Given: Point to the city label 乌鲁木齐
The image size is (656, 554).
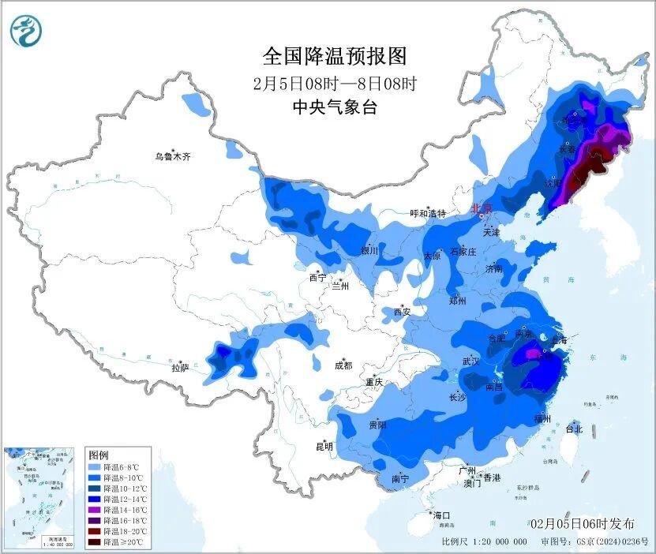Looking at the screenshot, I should coord(172,157).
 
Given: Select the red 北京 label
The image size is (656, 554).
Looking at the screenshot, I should coord(481,208).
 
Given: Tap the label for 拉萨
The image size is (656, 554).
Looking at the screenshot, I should coord(180,368).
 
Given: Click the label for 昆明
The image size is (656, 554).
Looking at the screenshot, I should coord(324,447).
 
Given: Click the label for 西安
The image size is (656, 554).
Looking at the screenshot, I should coord(402,312).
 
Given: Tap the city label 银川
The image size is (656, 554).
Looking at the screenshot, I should coord(369,251).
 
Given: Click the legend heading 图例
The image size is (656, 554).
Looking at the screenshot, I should coord(99,455).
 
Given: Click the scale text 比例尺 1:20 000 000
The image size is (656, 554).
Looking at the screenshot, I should coord(484,542).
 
